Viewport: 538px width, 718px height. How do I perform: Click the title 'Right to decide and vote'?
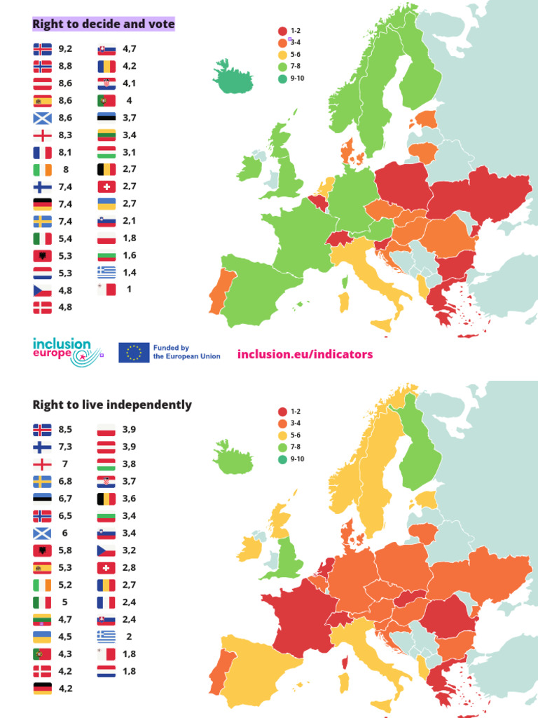(x=104, y=25)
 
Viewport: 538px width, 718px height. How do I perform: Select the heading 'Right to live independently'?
(x=112, y=405)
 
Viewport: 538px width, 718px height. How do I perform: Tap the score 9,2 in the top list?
(x=66, y=49)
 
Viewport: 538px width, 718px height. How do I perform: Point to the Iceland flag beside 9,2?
(x=42, y=49)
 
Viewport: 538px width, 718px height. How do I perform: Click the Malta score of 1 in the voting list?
(x=129, y=289)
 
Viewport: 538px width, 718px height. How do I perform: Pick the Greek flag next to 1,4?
(x=106, y=272)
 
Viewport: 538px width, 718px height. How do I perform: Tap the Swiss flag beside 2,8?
(x=106, y=567)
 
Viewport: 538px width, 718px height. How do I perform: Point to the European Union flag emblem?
(x=134, y=352)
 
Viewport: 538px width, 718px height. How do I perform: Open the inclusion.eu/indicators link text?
(x=305, y=354)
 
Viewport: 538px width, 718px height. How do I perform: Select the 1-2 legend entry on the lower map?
(x=289, y=412)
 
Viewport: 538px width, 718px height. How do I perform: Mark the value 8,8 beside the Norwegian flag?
(x=66, y=66)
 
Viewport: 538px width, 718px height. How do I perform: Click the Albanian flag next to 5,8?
(x=42, y=550)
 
